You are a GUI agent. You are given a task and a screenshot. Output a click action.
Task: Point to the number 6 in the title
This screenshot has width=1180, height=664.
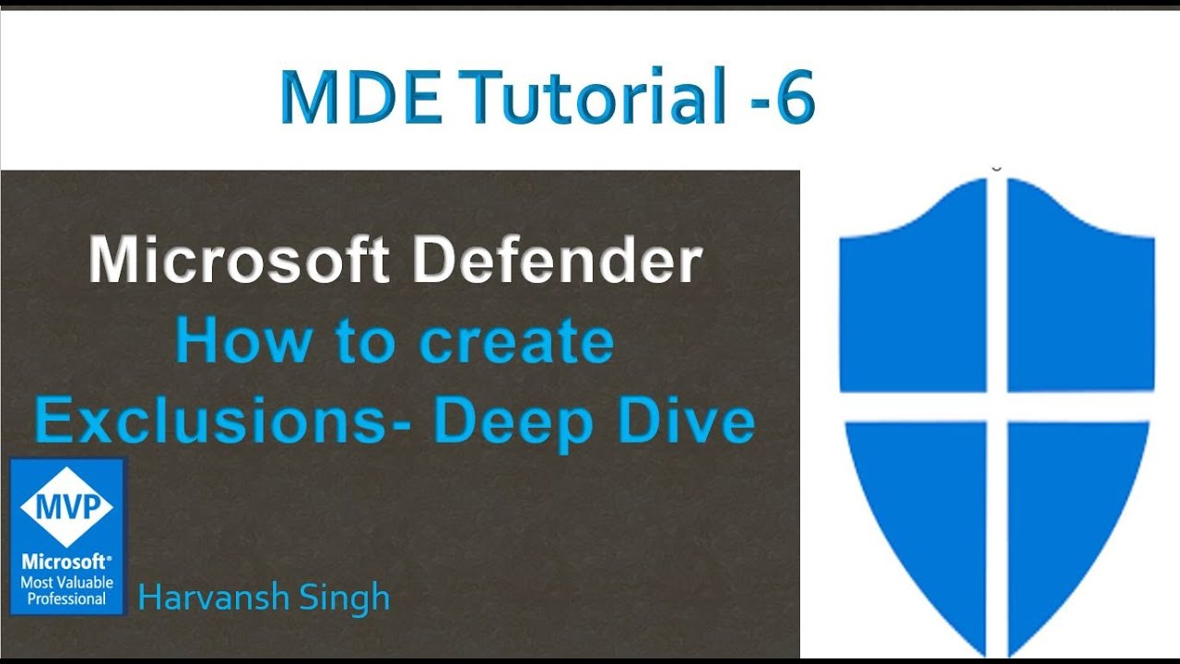point(795,98)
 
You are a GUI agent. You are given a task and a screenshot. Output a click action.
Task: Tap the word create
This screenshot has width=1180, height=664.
point(516,343)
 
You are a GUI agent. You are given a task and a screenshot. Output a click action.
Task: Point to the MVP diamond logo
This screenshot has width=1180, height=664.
point(66,506)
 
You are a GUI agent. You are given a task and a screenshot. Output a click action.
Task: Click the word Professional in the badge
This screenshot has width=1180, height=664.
point(66,599)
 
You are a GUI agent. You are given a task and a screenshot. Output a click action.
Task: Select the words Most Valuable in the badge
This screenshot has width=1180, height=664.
point(66,582)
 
